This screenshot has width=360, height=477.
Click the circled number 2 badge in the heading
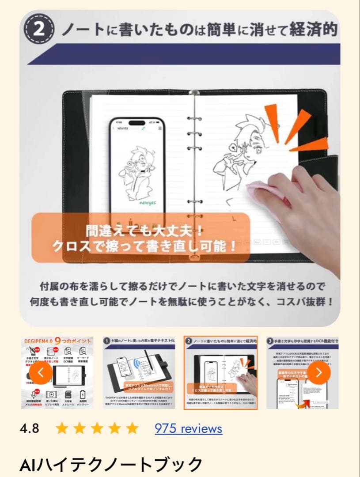pos(39,30)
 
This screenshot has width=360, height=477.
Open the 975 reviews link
pos(188,428)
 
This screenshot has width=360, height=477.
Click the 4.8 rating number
pos(29,428)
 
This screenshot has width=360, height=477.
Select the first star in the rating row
pos(62,428)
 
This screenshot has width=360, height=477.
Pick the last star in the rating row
pos(132,428)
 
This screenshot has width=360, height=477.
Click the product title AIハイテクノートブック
pos(111,464)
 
